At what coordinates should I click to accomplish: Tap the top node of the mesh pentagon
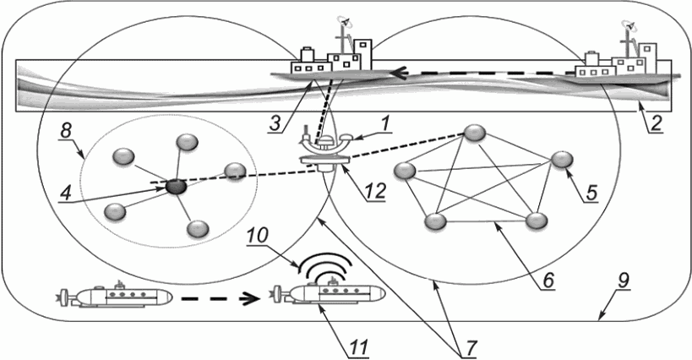coord(476,134)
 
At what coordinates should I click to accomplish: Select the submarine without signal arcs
coord(118,296)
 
